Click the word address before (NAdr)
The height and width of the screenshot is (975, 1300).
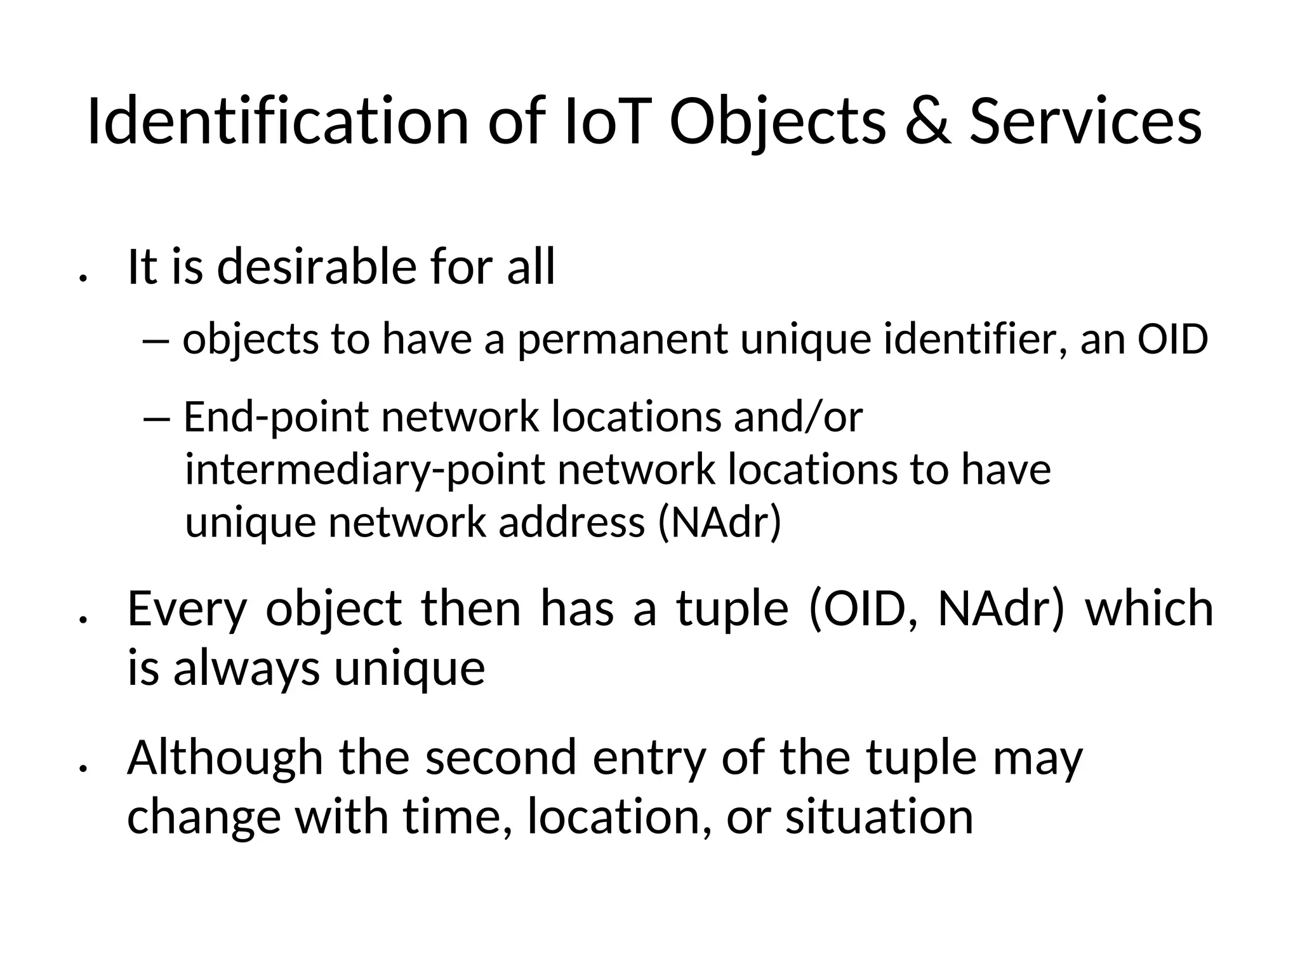tap(571, 523)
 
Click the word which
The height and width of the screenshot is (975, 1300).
tap(1150, 608)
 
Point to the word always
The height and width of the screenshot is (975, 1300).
tap(246, 668)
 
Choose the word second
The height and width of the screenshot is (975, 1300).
tap(501, 758)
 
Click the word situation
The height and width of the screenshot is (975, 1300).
tap(879, 817)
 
